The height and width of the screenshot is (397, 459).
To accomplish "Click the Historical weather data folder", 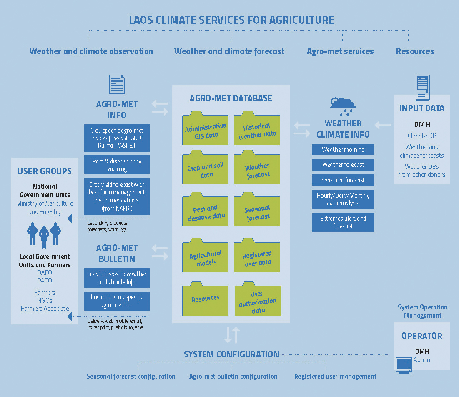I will pyautogui.click(x=257, y=130).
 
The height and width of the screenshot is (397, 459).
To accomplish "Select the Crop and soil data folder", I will pyautogui.click(x=205, y=170).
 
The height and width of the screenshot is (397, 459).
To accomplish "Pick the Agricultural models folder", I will pyautogui.click(x=205, y=257).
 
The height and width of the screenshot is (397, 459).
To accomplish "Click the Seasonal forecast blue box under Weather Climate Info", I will pyautogui.click(x=343, y=180).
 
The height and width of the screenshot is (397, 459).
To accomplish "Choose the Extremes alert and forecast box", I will pyautogui.click(x=343, y=222).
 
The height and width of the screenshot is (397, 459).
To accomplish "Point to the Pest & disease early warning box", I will pyautogui.click(x=117, y=165).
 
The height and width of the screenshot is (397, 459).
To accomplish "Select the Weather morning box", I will pyautogui.click(x=343, y=150).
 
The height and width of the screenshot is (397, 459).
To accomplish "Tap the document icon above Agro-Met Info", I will pyautogui.click(x=117, y=85).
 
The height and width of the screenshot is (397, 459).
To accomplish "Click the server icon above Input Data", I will pyautogui.click(x=422, y=87).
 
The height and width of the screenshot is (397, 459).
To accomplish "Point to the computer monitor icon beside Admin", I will pyautogui.click(x=404, y=365).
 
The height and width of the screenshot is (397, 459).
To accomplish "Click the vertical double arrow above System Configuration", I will pyautogui.click(x=232, y=335).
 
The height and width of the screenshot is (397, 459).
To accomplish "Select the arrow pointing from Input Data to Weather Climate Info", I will pyautogui.click(x=383, y=125).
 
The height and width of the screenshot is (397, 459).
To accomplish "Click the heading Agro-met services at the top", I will pyautogui.click(x=340, y=52).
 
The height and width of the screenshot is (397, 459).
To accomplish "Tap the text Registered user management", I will pyautogui.click(x=335, y=377).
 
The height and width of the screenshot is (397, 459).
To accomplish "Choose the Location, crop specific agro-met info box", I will pyautogui.click(x=117, y=301).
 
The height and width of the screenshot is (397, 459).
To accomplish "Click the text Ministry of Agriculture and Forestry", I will pyautogui.click(x=45, y=208).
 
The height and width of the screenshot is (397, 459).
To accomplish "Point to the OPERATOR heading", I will pyautogui.click(x=422, y=336).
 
